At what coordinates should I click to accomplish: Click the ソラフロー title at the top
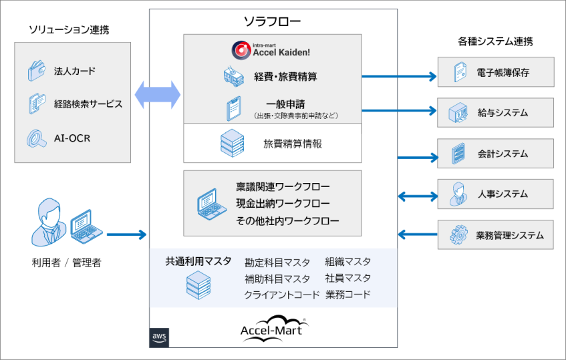(273, 22)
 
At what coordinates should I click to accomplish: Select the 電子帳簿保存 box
(495, 72)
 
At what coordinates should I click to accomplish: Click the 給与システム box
(495, 112)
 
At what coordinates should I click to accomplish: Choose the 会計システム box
(495, 154)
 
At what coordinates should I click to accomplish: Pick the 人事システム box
(495, 194)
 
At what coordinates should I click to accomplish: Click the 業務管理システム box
(495, 235)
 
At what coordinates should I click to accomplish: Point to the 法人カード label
(75, 71)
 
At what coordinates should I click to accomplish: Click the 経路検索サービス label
(88, 104)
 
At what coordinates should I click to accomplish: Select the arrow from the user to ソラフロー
(126, 234)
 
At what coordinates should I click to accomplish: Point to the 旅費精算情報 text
(293, 143)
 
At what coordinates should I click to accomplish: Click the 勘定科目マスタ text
(277, 262)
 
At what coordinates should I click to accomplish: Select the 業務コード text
(347, 294)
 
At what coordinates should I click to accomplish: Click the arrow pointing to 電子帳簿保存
(398, 76)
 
